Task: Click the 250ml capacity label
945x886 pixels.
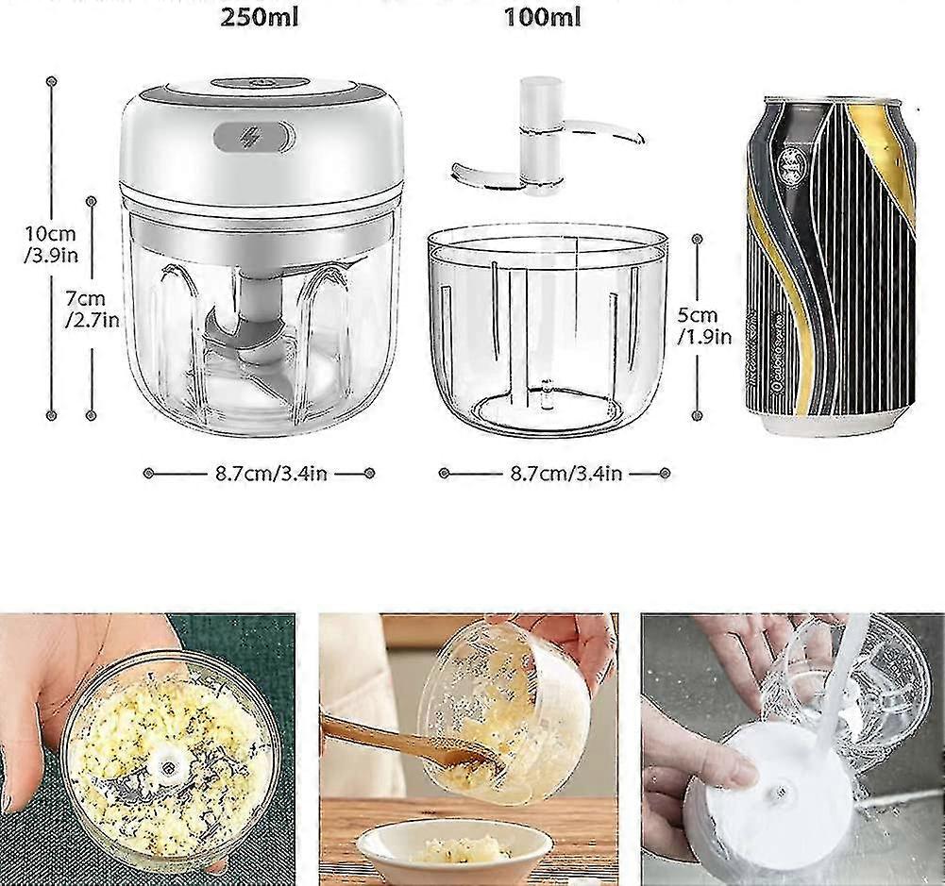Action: click(x=260, y=17)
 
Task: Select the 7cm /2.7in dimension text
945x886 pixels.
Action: click(x=91, y=309)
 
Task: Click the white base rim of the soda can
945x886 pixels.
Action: click(x=831, y=424)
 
